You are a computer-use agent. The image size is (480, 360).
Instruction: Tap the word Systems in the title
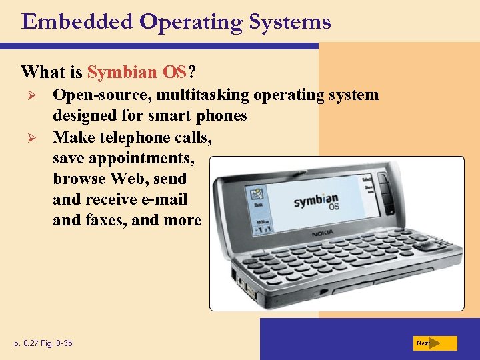(x=289, y=22)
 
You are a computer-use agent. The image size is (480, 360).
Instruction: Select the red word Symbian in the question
(x=117, y=71)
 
